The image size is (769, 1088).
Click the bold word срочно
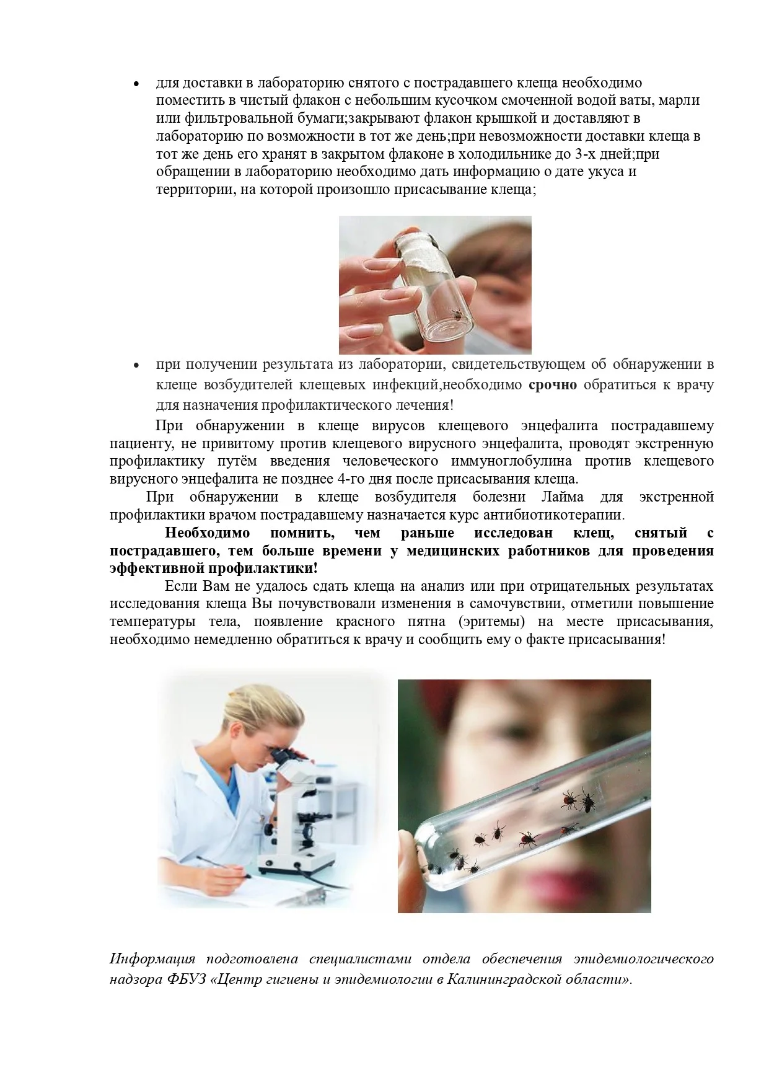pos(552,385)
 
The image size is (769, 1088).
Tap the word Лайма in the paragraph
pos(562,497)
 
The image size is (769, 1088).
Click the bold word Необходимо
pos(208,533)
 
